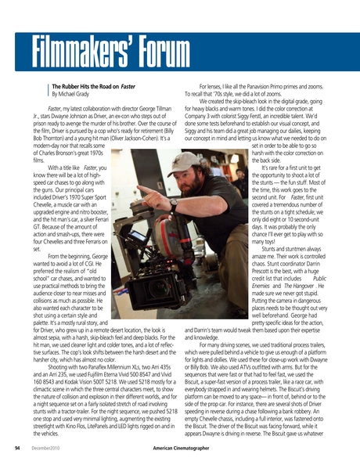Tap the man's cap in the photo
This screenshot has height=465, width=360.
(x=187, y=162)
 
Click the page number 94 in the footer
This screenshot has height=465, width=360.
(x=16, y=449)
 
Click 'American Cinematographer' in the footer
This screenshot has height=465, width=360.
(x=179, y=449)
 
